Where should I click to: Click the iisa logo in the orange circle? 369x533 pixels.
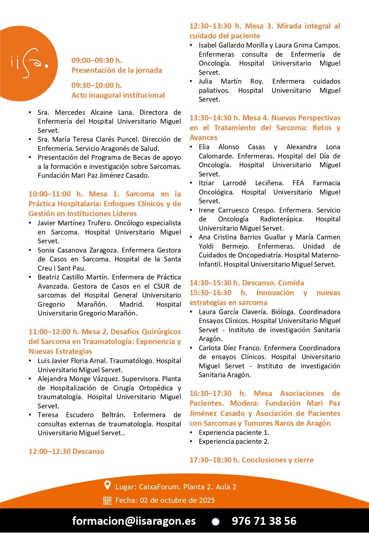point(29,63)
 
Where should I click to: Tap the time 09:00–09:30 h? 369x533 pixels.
point(96,60)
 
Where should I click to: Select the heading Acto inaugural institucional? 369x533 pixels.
point(118,95)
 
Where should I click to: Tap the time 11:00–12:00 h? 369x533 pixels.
point(54,332)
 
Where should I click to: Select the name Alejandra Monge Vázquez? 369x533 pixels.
point(79,379)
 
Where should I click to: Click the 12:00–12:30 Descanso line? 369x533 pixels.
point(66,451)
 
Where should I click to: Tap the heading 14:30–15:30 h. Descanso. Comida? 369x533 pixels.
point(247,283)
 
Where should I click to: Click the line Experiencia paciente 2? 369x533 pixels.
point(234,441)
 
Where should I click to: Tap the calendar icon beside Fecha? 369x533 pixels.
point(107,501)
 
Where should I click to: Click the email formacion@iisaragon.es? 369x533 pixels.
point(134,521)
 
